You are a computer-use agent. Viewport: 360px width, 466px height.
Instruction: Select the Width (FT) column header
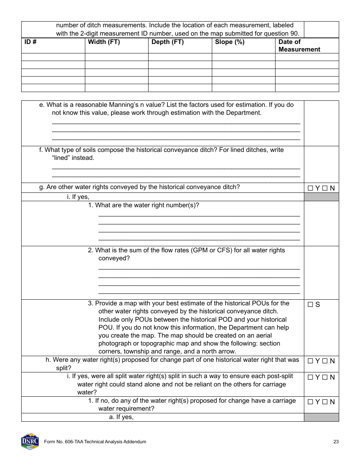click(x=103, y=42)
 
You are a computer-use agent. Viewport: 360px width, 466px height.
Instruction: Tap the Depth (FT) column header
click(x=167, y=42)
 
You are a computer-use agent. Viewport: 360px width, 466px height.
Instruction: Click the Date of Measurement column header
click(x=299, y=45)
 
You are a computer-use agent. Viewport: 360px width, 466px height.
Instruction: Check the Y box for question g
click(x=310, y=188)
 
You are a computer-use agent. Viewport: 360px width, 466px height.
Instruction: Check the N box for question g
click(x=324, y=188)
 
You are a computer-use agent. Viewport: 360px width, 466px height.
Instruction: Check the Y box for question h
click(x=310, y=361)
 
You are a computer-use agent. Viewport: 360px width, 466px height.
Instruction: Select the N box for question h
click(x=324, y=361)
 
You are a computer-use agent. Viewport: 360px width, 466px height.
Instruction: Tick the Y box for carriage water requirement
click(x=310, y=402)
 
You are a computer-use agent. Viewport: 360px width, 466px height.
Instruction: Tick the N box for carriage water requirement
click(x=324, y=402)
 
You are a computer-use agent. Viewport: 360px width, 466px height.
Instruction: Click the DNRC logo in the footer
click(x=30, y=441)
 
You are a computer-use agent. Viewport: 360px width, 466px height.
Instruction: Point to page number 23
click(x=336, y=442)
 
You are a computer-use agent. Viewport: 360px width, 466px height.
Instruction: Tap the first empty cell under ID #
click(x=53, y=57)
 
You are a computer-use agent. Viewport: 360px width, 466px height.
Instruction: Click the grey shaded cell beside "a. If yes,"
click(x=321, y=417)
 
